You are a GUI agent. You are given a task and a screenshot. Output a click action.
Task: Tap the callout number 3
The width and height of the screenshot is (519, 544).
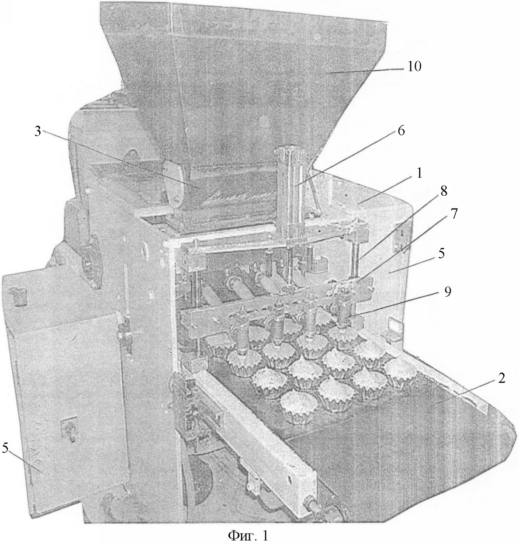pos(39,133)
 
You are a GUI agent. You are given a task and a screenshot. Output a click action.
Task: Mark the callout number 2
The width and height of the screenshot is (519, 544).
pos(501,379)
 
